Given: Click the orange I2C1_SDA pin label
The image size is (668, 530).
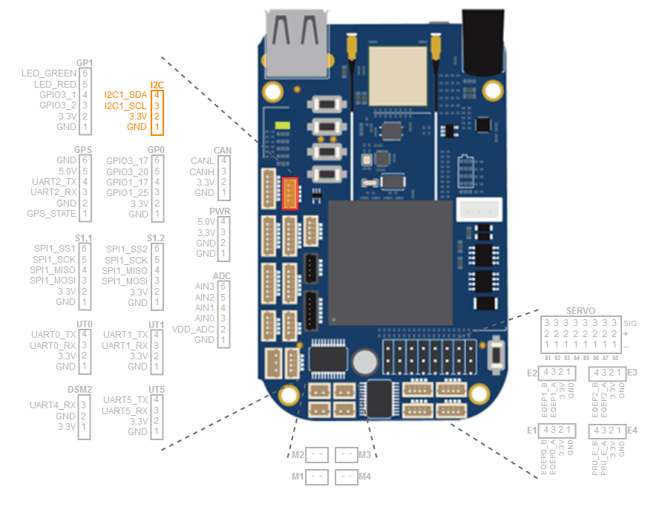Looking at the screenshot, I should (125, 95).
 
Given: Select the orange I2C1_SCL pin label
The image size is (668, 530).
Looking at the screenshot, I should (125, 106).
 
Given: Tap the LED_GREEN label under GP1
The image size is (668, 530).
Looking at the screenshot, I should (49, 73).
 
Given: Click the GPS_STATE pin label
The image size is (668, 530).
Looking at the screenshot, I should (52, 214).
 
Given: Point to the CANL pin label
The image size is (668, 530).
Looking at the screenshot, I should (203, 161).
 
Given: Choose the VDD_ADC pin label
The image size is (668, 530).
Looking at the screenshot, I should (193, 329).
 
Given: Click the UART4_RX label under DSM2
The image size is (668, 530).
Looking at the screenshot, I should (53, 405).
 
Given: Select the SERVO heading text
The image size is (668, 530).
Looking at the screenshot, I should (580, 310).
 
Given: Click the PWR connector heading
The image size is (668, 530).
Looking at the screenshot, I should (220, 212).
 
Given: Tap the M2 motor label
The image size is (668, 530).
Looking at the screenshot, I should (298, 454).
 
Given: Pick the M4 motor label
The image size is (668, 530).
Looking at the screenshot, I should (364, 476).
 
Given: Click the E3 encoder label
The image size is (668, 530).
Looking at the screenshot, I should (632, 372).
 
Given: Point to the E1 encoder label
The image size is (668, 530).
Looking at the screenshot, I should (531, 431).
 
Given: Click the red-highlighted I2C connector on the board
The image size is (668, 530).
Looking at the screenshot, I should (291, 193).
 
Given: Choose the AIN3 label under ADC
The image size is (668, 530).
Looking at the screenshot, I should (204, 287).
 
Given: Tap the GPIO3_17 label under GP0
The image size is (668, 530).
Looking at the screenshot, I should (128, 160).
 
